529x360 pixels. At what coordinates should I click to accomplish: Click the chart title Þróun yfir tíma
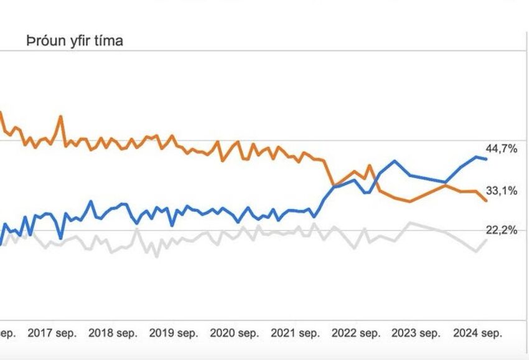tap(75, 41)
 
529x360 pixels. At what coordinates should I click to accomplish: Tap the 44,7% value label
tap(501, 148)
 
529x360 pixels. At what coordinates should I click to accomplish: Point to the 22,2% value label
tap(501, 230)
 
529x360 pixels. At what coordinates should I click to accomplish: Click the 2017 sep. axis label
tap(53, 333)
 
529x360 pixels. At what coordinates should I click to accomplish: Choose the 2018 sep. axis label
tap(113, 333)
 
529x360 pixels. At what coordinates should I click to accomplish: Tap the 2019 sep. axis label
tap(174, 333)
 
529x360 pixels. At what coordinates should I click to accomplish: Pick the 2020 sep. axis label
tap(235, 333)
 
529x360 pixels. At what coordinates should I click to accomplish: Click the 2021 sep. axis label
tap(295, 333)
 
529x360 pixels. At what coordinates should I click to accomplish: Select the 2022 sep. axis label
tap(355, 333)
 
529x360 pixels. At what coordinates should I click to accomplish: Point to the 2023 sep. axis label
tap(416, 333)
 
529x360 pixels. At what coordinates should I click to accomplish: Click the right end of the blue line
tap(486, 159)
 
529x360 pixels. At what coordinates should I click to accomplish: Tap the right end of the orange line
tap(486, 201)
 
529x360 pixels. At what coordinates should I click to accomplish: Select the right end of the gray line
tap(486, 240)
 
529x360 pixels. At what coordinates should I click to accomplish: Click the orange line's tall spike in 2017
tap(60, 116)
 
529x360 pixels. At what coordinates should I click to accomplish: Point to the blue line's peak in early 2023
tap(395, 161)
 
